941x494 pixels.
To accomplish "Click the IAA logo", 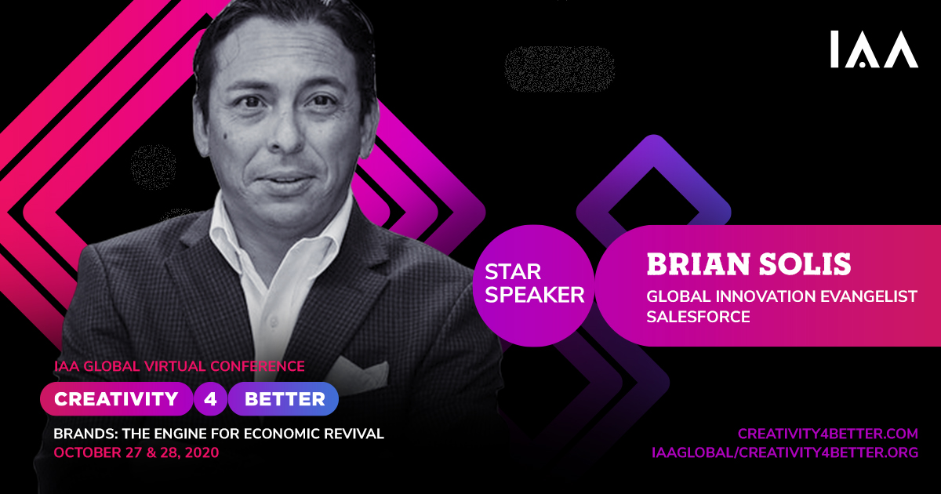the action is [874, 49].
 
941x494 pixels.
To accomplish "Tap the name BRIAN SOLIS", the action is [749, 264].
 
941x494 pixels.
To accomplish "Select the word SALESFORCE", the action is [698, 317].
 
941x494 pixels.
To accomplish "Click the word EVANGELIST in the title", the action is [869, 296].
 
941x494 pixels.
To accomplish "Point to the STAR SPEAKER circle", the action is [533, 285].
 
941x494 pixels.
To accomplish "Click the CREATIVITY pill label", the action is [116, 398].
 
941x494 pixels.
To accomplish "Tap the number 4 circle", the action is [210, 398].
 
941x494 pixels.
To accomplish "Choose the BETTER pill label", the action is [284, 398].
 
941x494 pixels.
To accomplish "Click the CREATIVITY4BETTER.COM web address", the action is [828, 434].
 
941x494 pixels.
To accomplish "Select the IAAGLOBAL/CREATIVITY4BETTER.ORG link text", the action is [785, 452].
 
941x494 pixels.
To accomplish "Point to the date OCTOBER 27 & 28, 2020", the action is [136, 452].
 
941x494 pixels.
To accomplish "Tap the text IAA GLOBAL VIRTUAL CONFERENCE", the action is [180, 366].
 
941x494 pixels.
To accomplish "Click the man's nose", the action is [285, 134].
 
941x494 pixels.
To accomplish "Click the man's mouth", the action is [285, 180].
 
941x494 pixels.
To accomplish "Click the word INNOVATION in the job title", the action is [766, 296].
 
